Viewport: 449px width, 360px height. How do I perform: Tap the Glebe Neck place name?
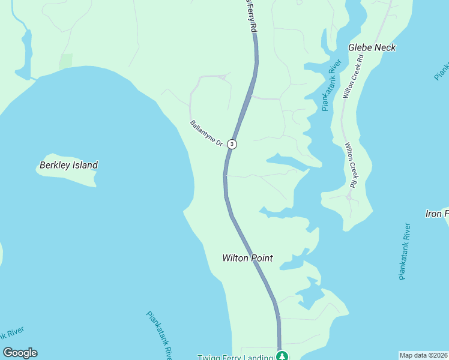pos(372,47)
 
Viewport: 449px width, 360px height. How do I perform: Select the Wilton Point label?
pos(247,258)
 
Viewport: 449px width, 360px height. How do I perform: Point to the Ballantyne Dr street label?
pos(206,134)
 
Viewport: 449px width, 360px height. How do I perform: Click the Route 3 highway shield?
pos(232,144)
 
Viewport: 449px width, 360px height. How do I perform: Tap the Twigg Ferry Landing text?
pos(236,358)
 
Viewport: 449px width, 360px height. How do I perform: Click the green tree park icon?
pos(282,356)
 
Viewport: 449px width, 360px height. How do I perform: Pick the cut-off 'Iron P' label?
pos(436,214)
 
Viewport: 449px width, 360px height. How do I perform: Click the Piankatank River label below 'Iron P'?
pos(405,252)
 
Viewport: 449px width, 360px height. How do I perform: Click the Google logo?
pos(20,353)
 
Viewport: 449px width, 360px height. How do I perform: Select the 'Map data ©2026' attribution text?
pos(424,355)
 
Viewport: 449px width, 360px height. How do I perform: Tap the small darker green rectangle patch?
pos(66,61)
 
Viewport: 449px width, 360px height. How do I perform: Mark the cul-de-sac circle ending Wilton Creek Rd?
pos(349,196)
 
